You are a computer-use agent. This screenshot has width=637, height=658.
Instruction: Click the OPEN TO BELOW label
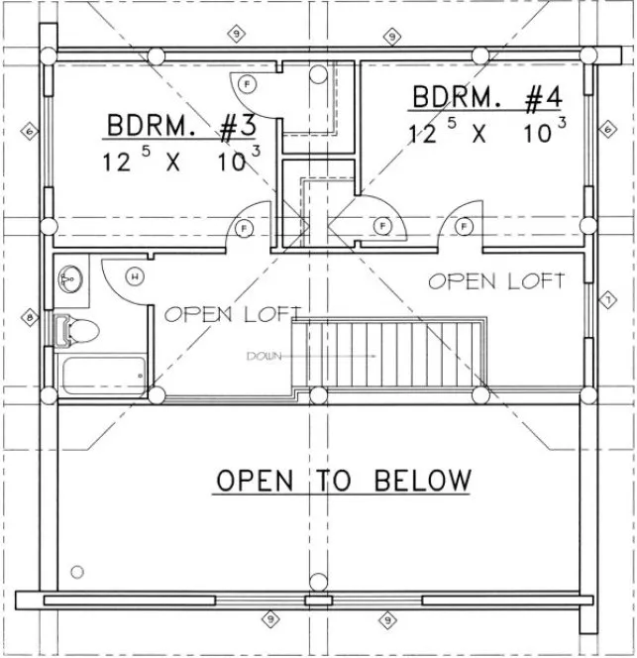[343, 481]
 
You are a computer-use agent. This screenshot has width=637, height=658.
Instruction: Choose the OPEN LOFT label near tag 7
[496, 281]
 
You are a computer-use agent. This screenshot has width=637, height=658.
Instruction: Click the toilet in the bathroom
[78, 330]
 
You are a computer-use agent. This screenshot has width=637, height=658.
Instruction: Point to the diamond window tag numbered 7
[606, 297]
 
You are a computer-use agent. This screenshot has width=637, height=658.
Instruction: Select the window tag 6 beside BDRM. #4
[605, 128]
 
